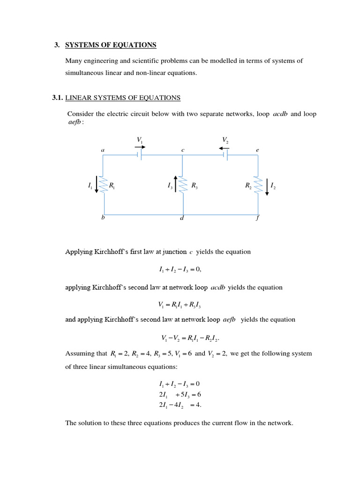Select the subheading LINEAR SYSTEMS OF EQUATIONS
(122, 97)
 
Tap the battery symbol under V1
(139, 155)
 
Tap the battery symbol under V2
(226, 155)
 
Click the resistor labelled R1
(104, 186)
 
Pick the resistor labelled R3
(182, 186)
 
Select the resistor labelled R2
(257, 186)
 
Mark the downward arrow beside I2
(267, 187)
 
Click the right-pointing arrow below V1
(140, 147)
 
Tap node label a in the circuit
(103, 150)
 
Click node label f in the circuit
(257, 218)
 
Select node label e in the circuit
(257, 150)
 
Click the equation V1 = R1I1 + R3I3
(180, 306)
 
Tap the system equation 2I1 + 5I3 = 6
(180, 394)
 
